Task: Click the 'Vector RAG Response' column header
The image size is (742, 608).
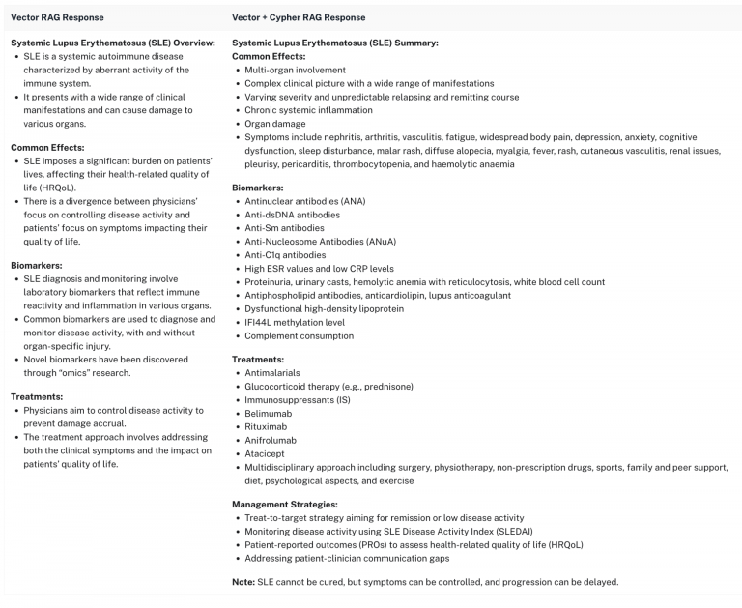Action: click(56, 17)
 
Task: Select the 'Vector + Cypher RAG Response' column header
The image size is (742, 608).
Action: click(299, 17)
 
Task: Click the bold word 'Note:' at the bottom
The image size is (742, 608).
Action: click(243, 582)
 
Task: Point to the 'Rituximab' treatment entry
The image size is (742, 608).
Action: click(267, 426)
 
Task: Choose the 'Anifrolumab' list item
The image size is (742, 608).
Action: click(271, 440)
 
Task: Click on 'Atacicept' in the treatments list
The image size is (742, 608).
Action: click(267, 453)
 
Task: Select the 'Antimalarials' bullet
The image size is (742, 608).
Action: click(272, 372)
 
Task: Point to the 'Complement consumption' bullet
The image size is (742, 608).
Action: click(299, 336)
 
